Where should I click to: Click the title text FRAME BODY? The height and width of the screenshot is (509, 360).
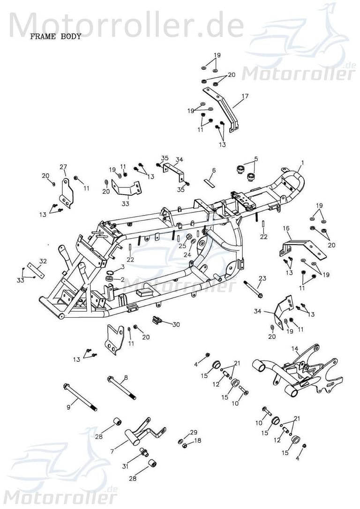tap(56, 37)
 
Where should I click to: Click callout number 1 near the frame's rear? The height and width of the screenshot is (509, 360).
tap(302, 163)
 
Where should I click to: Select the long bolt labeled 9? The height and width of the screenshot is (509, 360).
tap(80, 397)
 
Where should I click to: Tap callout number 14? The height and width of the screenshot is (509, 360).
tap(294, 348)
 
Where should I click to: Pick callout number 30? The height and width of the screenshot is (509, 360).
tap(176, 324)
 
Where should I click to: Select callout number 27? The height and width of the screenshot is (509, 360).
tap(63, 167)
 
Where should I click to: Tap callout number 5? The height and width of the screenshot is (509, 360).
tap(256, 159)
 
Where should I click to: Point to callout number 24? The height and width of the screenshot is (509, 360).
tap(187, 255)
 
